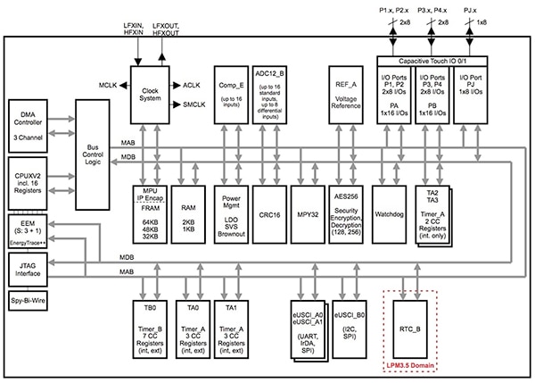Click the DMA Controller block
coord(33,123)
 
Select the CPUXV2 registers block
coord(33,175)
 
